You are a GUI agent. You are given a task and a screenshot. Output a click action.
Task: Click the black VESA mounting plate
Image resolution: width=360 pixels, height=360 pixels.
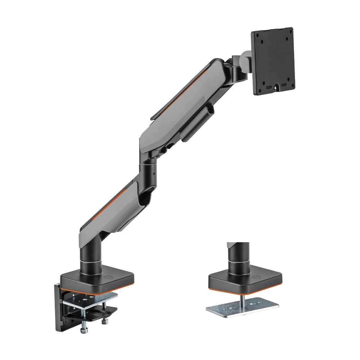click(x=273, y=61)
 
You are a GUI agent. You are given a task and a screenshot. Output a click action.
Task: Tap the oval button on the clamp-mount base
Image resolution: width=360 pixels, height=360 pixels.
click(x=108, y=278)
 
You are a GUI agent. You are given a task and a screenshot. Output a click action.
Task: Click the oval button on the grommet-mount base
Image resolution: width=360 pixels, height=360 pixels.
click(x=256, y=278)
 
